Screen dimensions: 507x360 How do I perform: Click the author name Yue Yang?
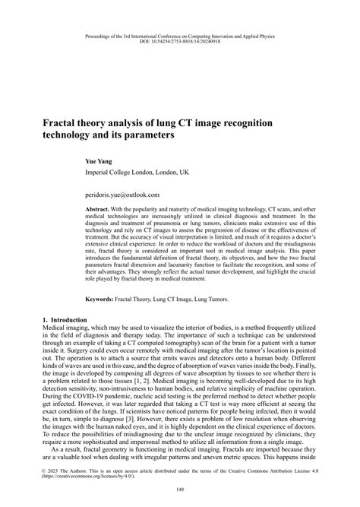coord(101,161)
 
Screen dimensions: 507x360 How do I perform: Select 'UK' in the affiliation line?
coord(184,173)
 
